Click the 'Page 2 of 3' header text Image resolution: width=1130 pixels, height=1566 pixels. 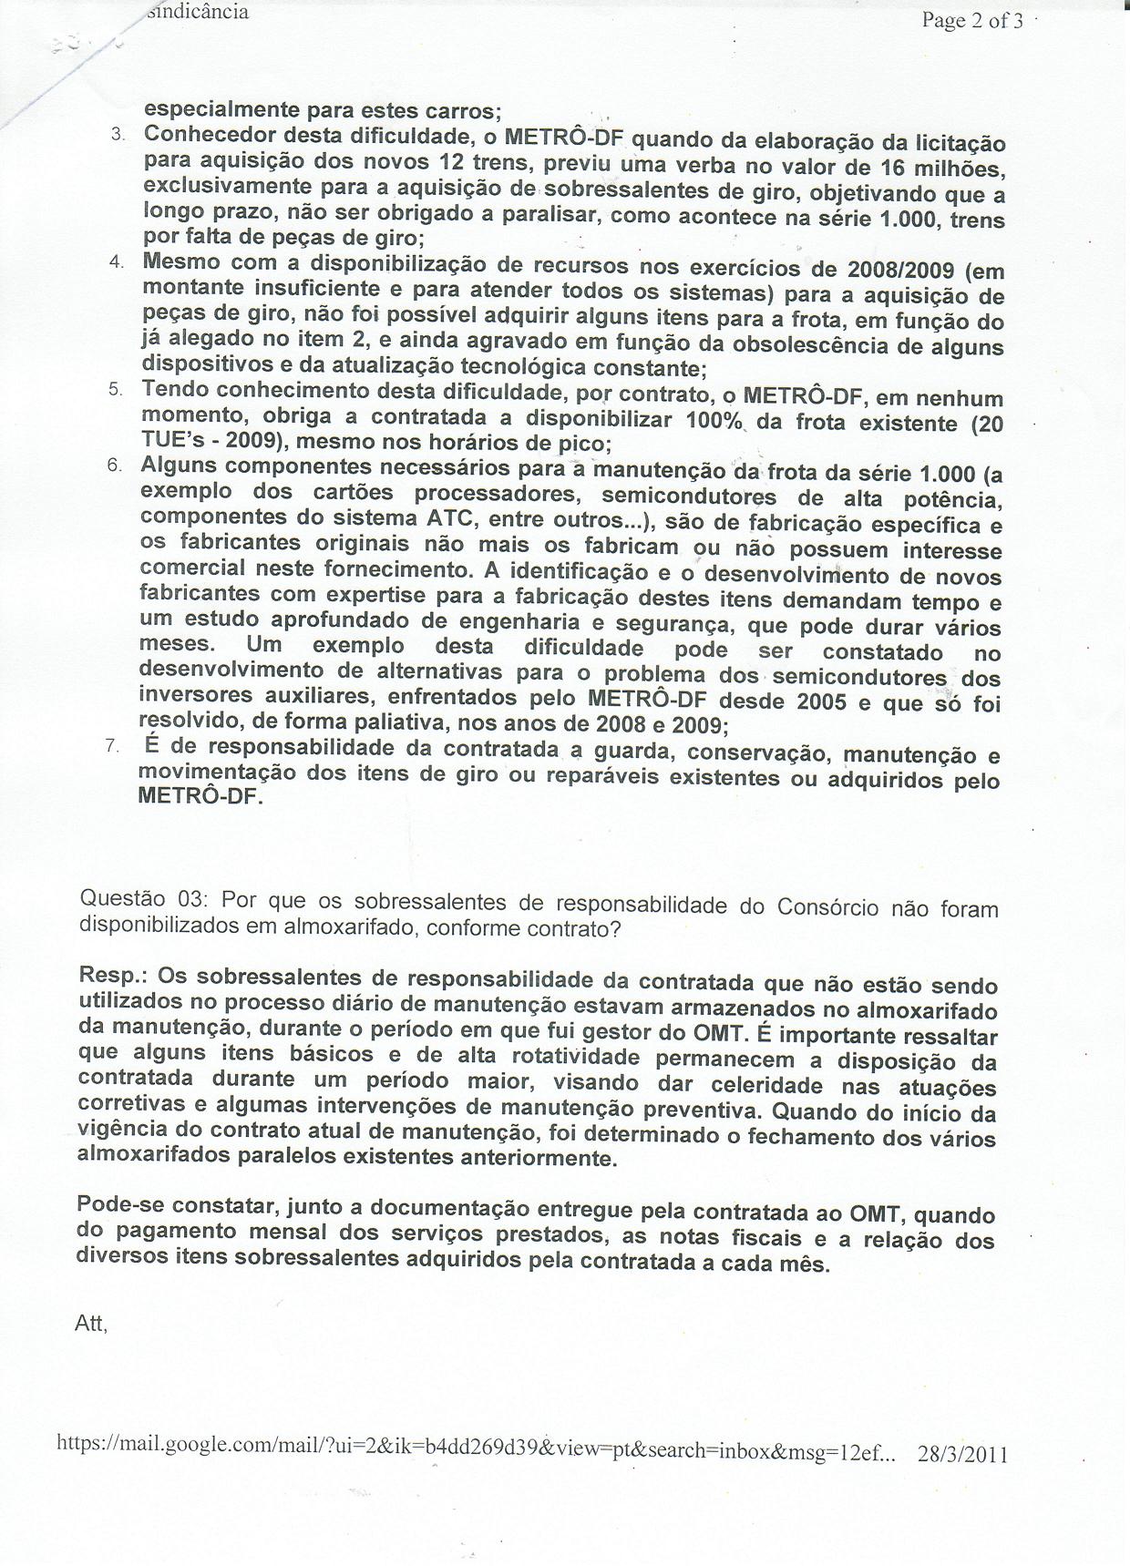point(971,20)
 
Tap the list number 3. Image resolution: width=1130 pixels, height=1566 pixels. point(118,135)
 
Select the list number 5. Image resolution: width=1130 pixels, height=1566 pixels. point(116,389)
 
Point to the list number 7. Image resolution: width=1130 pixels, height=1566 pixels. point(112,745)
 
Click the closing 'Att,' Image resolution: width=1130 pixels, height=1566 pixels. point(91,1325)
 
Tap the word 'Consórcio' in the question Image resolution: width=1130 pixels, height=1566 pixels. point(827,907)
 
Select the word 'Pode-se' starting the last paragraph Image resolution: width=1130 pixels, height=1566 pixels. point(122,1203)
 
